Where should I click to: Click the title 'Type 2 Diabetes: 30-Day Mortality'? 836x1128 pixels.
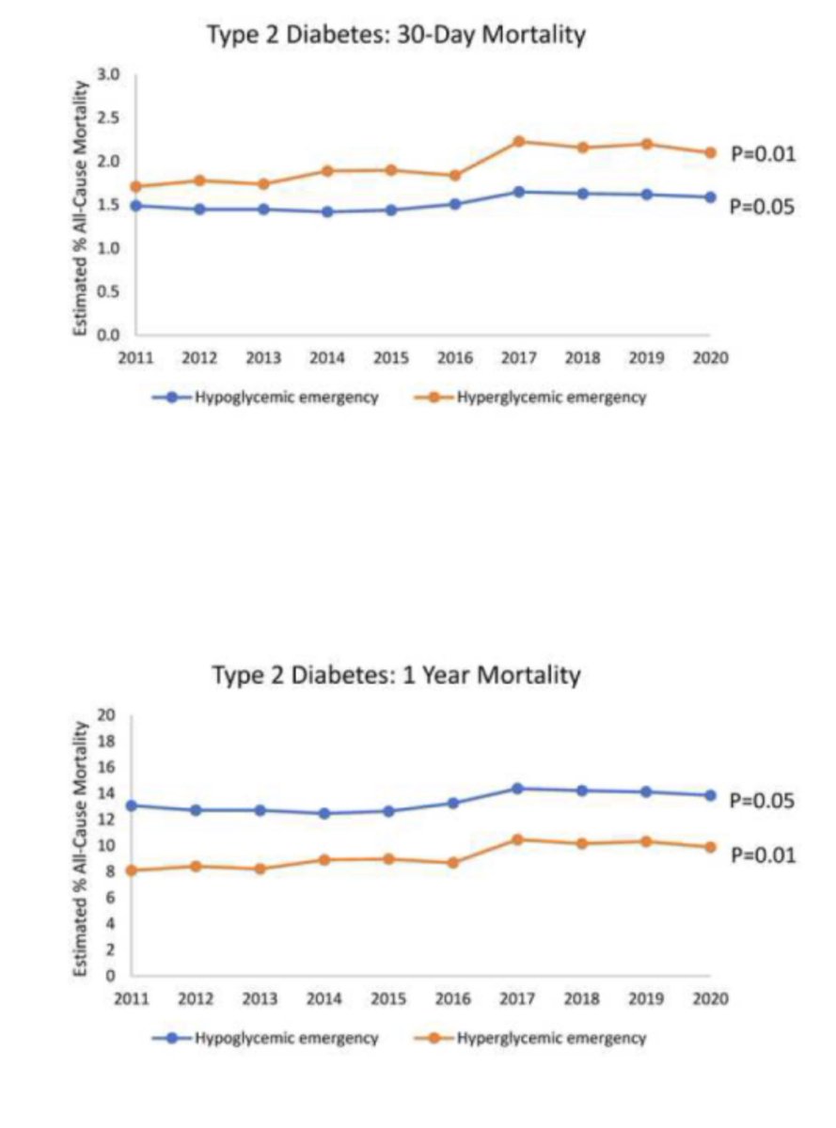click(396, 35)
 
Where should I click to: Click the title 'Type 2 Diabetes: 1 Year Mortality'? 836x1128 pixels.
click(396, 675)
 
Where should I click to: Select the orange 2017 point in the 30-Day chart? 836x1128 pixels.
click(518, 141)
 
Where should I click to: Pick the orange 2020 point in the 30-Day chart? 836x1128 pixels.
click(710, 152)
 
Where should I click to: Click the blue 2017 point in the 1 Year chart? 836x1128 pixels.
click(518, 788)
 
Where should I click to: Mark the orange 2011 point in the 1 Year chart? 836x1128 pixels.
click(132, 870)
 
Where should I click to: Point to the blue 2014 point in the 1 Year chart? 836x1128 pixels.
click(324, 813)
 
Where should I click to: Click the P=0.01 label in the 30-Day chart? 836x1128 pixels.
click(763, 153)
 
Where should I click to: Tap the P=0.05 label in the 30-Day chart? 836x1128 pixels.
click(763, 207)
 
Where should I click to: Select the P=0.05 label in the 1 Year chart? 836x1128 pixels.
click(763, 801)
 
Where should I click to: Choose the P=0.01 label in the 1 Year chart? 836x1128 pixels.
click(763, 854)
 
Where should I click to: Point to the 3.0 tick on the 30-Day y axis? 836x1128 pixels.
click(110, 74)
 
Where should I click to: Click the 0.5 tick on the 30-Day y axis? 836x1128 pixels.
click(110, 291)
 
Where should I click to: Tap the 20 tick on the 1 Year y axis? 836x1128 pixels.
click(106, 715)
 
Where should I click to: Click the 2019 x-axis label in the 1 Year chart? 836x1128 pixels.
click(646, 998)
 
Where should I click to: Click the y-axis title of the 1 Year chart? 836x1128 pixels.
click(81, 846)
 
